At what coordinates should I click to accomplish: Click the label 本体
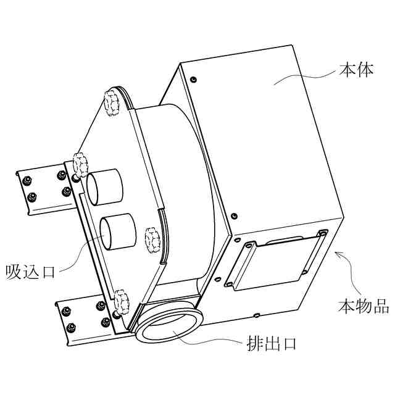[x=356, y=70]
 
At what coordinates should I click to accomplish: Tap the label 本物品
[x=364, y=306]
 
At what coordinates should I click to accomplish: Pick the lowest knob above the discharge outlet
[x=122, y=300]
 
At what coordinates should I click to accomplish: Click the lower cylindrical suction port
[x=118, y=230]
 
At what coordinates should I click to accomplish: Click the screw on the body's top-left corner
[x=194, y=80]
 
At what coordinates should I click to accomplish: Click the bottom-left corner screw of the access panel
[x=229, y=284]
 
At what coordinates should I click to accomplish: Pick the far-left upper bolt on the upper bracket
[x=27, y=181]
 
